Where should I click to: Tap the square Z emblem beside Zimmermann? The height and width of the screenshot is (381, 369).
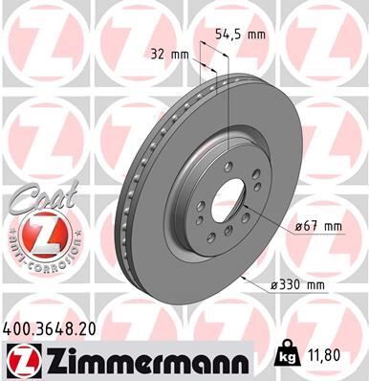21,359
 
